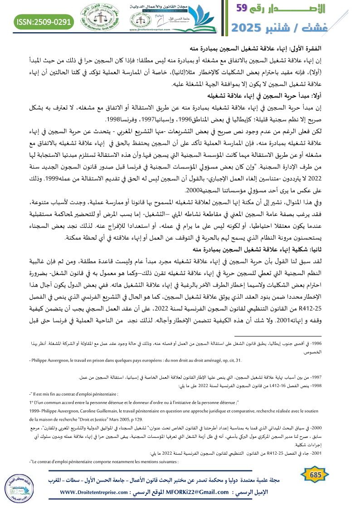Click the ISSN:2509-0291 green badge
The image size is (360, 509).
click(x=44, y=21)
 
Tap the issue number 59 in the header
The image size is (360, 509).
click(x=247, y=8)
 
